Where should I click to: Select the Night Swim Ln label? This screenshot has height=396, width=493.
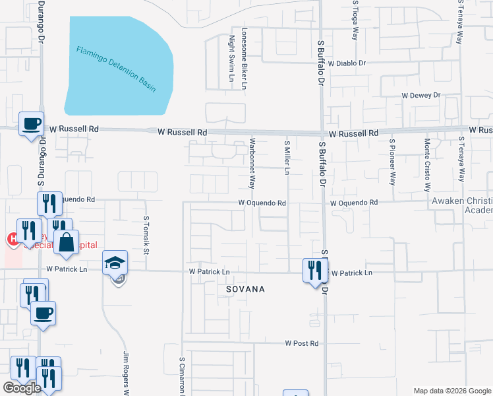(232, 59)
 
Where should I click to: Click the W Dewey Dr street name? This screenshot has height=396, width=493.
(421, 95)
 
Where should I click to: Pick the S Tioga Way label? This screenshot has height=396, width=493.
(355, 20)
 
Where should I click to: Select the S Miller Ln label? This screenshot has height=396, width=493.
(287, 158)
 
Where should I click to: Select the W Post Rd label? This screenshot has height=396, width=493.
(302, 343)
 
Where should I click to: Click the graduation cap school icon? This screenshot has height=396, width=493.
(115, 263)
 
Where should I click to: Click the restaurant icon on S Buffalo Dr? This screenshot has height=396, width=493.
(314, 269)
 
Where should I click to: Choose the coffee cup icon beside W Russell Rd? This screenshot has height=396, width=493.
(31, 123)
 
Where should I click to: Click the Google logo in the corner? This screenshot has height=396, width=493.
(22, 388)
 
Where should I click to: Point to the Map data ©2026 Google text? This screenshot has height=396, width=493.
(452, 390)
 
